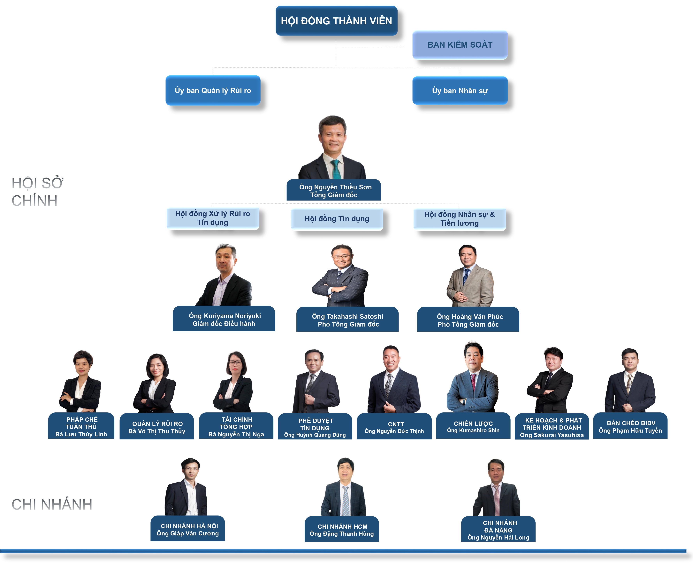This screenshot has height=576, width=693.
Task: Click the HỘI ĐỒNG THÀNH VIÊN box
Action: click(336, 20)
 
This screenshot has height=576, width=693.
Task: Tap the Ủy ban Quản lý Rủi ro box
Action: click(213, 90)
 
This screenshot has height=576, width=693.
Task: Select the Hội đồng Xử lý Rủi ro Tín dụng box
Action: click(213, 218)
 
